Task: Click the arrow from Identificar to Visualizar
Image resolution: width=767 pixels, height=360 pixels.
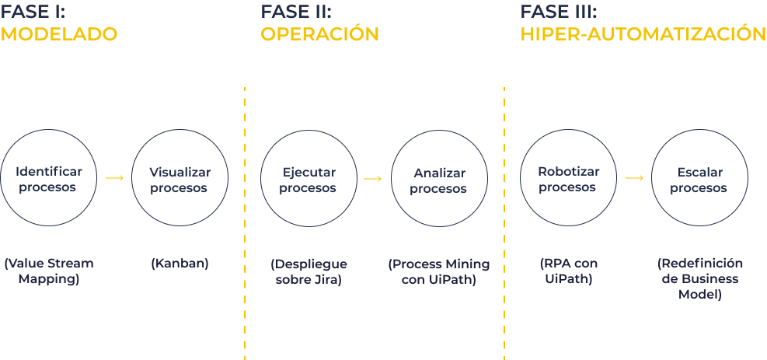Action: click(114, 178)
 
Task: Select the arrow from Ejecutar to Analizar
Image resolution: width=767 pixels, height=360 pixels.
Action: click(373, 179)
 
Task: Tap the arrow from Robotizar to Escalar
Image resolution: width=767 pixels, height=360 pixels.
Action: click(634, 178)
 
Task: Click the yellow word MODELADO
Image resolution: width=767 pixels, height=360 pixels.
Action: click(59, 34)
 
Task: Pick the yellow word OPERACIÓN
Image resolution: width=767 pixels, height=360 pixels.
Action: click(319, 33)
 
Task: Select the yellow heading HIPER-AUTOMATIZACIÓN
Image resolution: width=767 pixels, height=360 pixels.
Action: click(643, 33)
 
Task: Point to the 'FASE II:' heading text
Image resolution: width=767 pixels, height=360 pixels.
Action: click(296, 11)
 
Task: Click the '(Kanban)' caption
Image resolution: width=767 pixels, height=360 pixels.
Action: click(180, 263)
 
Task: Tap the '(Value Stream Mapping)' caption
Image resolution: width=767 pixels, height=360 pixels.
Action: click(49, 271)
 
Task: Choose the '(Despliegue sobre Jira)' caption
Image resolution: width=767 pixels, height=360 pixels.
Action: click(309, 272)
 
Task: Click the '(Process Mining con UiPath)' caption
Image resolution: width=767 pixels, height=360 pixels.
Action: click(439, 272)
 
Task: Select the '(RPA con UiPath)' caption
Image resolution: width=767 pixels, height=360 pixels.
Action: click(569, 271)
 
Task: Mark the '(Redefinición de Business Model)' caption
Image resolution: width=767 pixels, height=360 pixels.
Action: click(700, 279)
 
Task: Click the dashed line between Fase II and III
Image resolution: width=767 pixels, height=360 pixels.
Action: click(504, 223)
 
